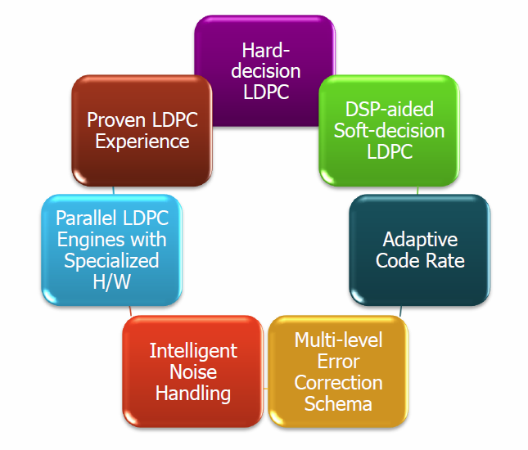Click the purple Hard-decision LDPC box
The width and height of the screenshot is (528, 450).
click(x=265, y=70)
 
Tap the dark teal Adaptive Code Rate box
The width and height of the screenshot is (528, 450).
click(x=419, y=250)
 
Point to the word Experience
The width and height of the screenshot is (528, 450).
click(x=142, y=142)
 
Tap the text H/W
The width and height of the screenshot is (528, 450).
click(x=111, y=283)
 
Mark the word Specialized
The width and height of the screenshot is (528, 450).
click(x=111, y=262)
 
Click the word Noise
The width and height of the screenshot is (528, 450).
click(x=194, y=371)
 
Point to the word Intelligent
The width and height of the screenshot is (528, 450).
click(x=194, y=350)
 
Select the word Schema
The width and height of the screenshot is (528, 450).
click(x=338, y=403)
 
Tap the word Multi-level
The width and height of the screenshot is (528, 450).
click(x=339, y=339)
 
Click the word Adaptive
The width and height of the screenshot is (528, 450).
click(x=420, y=240)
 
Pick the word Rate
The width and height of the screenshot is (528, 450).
click(x=446, y=262)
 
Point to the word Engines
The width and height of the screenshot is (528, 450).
click(x=85, y=240)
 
